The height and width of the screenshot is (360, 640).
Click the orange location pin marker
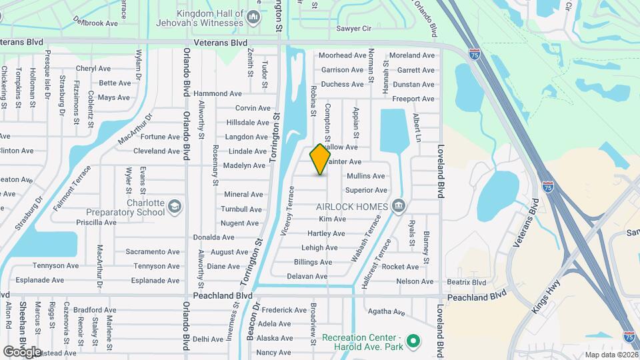click(321, 159)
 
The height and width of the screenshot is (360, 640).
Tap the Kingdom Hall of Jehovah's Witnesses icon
click(253, 16)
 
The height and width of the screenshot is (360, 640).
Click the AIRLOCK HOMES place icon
click(398, 206)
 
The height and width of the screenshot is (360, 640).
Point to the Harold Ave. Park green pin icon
click(413, 343)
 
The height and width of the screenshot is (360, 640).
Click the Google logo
click(22, 351)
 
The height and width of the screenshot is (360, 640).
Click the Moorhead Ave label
click(343, 55)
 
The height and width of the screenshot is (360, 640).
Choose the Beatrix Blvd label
click(467, 282)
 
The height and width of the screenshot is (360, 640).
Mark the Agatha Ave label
click(386, 311)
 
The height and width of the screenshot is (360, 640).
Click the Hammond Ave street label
click(217, 94)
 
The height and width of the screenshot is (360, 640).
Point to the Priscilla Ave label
click(96, 223)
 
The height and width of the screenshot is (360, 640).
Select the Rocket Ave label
click(400, 267)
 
